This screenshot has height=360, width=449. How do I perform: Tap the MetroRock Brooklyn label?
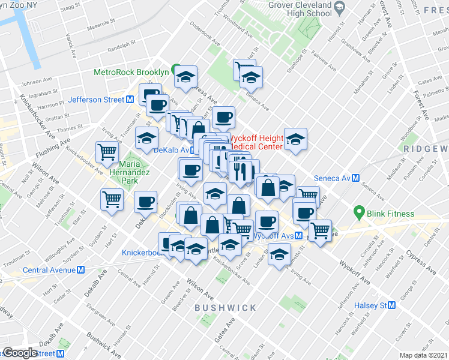(131, 72)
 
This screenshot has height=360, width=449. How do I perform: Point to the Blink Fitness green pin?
(359, 212)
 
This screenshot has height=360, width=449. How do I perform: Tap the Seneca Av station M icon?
(356, 178)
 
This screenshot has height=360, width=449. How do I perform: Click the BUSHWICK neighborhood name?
(225, 308)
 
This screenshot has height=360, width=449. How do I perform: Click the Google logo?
(20, 353)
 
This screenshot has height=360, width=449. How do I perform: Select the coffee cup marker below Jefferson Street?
(158, 104)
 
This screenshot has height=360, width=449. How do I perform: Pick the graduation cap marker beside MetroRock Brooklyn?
(187, 76)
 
